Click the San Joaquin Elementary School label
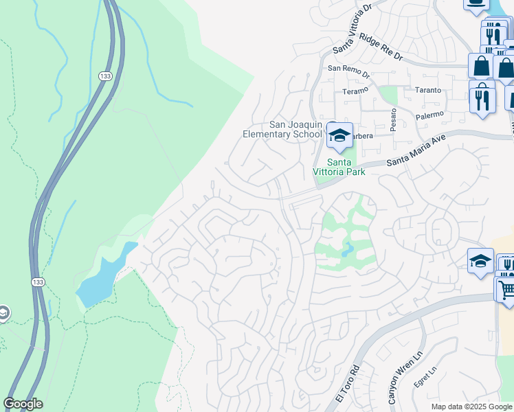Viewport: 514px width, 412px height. pyautogui.click(x=283, y=129)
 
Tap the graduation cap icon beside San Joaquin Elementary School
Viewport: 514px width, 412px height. pyautogui.click(x=339, y=136)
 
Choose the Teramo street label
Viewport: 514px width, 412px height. pyautogui.click(x=355, y=91)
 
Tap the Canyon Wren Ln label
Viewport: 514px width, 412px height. pyautogui.click(x=394, y=388)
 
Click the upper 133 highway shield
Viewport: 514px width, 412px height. pyautogui.click(x=104, y=76)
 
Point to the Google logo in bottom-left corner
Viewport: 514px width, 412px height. pyautogui.click(x=23, y=404)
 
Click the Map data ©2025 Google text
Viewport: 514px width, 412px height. pyautogui.click(x=471, y=407)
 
